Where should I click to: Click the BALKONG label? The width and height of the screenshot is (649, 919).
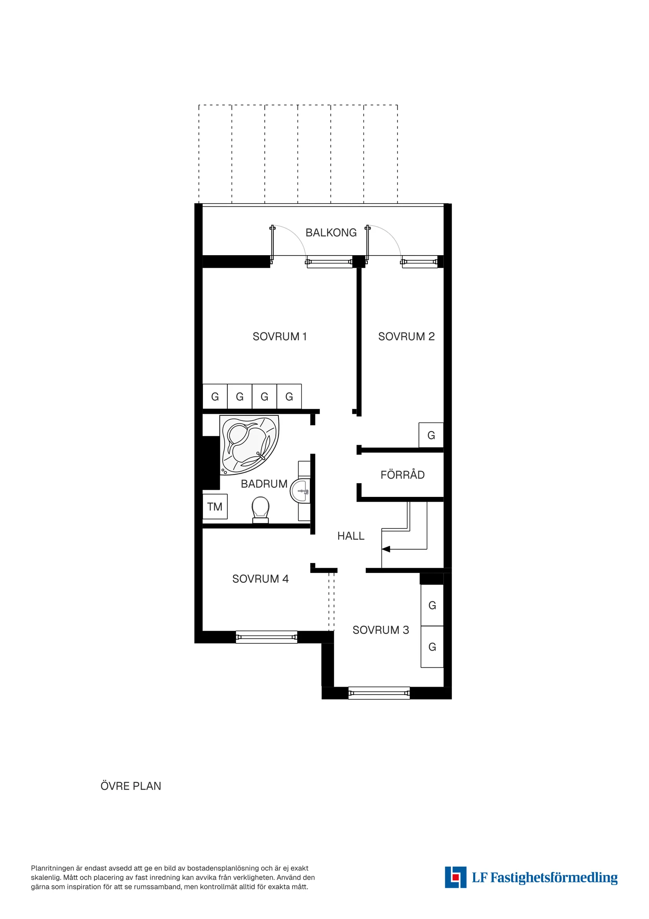click(331, 233)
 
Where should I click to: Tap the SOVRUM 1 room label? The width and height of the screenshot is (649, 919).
click(280, 336)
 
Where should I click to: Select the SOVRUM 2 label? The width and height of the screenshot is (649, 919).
click(406, 336)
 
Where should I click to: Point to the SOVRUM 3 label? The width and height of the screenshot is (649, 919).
click(380, 630)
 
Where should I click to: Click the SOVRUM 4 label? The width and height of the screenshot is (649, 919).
click(260, 579)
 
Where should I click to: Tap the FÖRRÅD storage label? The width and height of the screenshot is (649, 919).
click(402, 475)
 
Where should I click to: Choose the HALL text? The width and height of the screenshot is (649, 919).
click(350, 536)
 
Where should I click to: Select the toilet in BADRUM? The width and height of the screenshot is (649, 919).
click(260, 509)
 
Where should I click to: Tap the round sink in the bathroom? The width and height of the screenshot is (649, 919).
click(300, 491)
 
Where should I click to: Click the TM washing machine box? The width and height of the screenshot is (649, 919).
click(215, 507)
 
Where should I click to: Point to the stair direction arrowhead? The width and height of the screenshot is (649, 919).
click(386, 549)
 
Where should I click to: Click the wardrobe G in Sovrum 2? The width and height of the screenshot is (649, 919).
click(431, 435)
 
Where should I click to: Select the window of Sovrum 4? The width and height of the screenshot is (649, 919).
click(266, 637)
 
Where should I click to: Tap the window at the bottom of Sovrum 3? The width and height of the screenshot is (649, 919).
click(379, 693)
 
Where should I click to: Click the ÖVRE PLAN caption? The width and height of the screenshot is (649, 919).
click(131, 786)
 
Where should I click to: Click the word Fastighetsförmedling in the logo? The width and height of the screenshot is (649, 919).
click(553, 878)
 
